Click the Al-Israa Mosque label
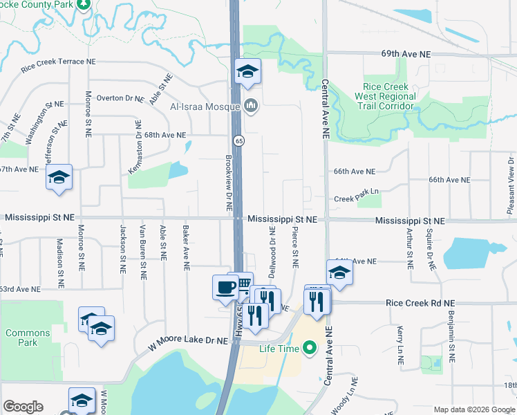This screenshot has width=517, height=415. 205,107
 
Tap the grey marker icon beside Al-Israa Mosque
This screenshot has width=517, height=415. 250,107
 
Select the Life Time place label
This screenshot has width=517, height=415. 279,349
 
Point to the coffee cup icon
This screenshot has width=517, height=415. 225,287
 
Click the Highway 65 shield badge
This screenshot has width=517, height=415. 238,140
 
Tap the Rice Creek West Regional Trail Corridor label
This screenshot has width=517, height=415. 385,96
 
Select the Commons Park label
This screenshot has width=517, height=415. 28,338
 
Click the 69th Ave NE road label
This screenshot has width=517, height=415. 406,53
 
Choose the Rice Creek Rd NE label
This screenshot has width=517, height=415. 420,303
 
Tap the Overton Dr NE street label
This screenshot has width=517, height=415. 120,98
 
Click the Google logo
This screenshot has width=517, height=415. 23,407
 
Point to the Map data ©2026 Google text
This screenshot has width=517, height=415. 473,409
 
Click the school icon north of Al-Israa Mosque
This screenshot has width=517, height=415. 247,71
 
